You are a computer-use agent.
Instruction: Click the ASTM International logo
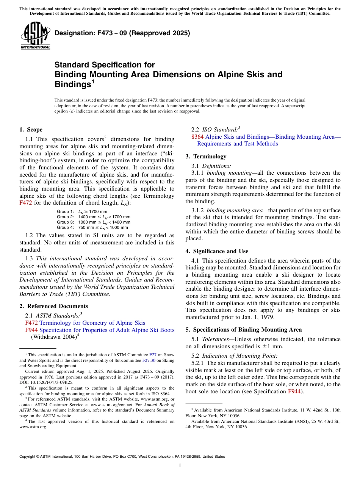[x=35, y=36]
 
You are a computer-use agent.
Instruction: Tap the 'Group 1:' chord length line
[x=82, y=211]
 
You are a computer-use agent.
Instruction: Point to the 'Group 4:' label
[x=65, y=227]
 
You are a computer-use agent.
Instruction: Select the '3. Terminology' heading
[x=206, y=156]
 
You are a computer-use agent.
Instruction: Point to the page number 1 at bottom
[x=180, y=466]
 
